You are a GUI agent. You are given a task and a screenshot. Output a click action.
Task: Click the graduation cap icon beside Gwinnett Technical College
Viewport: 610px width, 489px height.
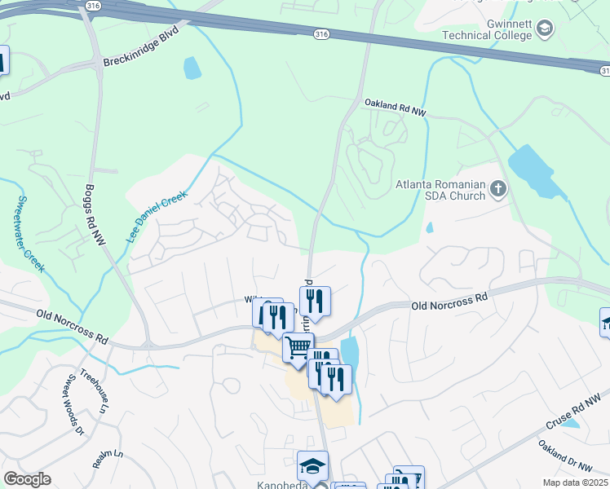click(x=544, y=30)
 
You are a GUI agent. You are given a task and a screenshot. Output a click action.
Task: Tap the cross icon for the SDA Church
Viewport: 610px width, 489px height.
click(x=498, y=191)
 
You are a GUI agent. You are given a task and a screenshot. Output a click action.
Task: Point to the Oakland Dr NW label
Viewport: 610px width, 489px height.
click(x=564, y=456)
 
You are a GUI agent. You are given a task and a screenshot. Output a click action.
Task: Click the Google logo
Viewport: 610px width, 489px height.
click(x=28, y=479)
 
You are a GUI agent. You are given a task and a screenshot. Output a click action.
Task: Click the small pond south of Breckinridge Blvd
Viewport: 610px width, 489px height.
click(x=192, y=68)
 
